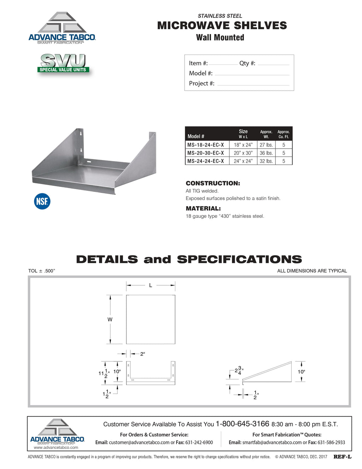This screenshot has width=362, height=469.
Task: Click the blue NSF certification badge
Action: (x=42, y=201)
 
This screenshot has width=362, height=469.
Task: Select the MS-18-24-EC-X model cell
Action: (x=205, y=145)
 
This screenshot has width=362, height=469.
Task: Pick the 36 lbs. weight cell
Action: (x=266, y=153)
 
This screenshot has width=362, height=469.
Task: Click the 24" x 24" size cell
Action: (x=243, y=161)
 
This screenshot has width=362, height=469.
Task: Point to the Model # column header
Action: (x=196, y=136)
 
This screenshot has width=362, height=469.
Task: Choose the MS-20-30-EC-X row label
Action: (x=205, y=153)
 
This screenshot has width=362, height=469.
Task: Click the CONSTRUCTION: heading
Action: (x=213, y=183)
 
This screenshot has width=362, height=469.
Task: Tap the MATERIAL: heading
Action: (x=203, y=208)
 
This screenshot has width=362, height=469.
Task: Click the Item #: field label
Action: (x=198, y=63)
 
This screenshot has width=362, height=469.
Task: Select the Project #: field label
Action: (x=202, y=83)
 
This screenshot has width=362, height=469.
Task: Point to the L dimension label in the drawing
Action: (x=151, y=285)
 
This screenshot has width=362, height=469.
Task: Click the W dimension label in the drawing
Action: (x=110, y=319)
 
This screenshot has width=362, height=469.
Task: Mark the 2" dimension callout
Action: (x=142, y=354)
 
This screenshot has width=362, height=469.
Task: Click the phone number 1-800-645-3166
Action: (x=243, y=424)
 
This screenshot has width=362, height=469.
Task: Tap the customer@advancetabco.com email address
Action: (x=139, y=442)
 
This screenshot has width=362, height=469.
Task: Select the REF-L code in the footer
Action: (x=342, y=457)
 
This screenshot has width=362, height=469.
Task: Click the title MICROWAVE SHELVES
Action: (x=222, y=25)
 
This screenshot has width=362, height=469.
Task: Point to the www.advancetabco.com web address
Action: (x=56, y=447)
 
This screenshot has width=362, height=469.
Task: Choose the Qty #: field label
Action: (x=247, y=63)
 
